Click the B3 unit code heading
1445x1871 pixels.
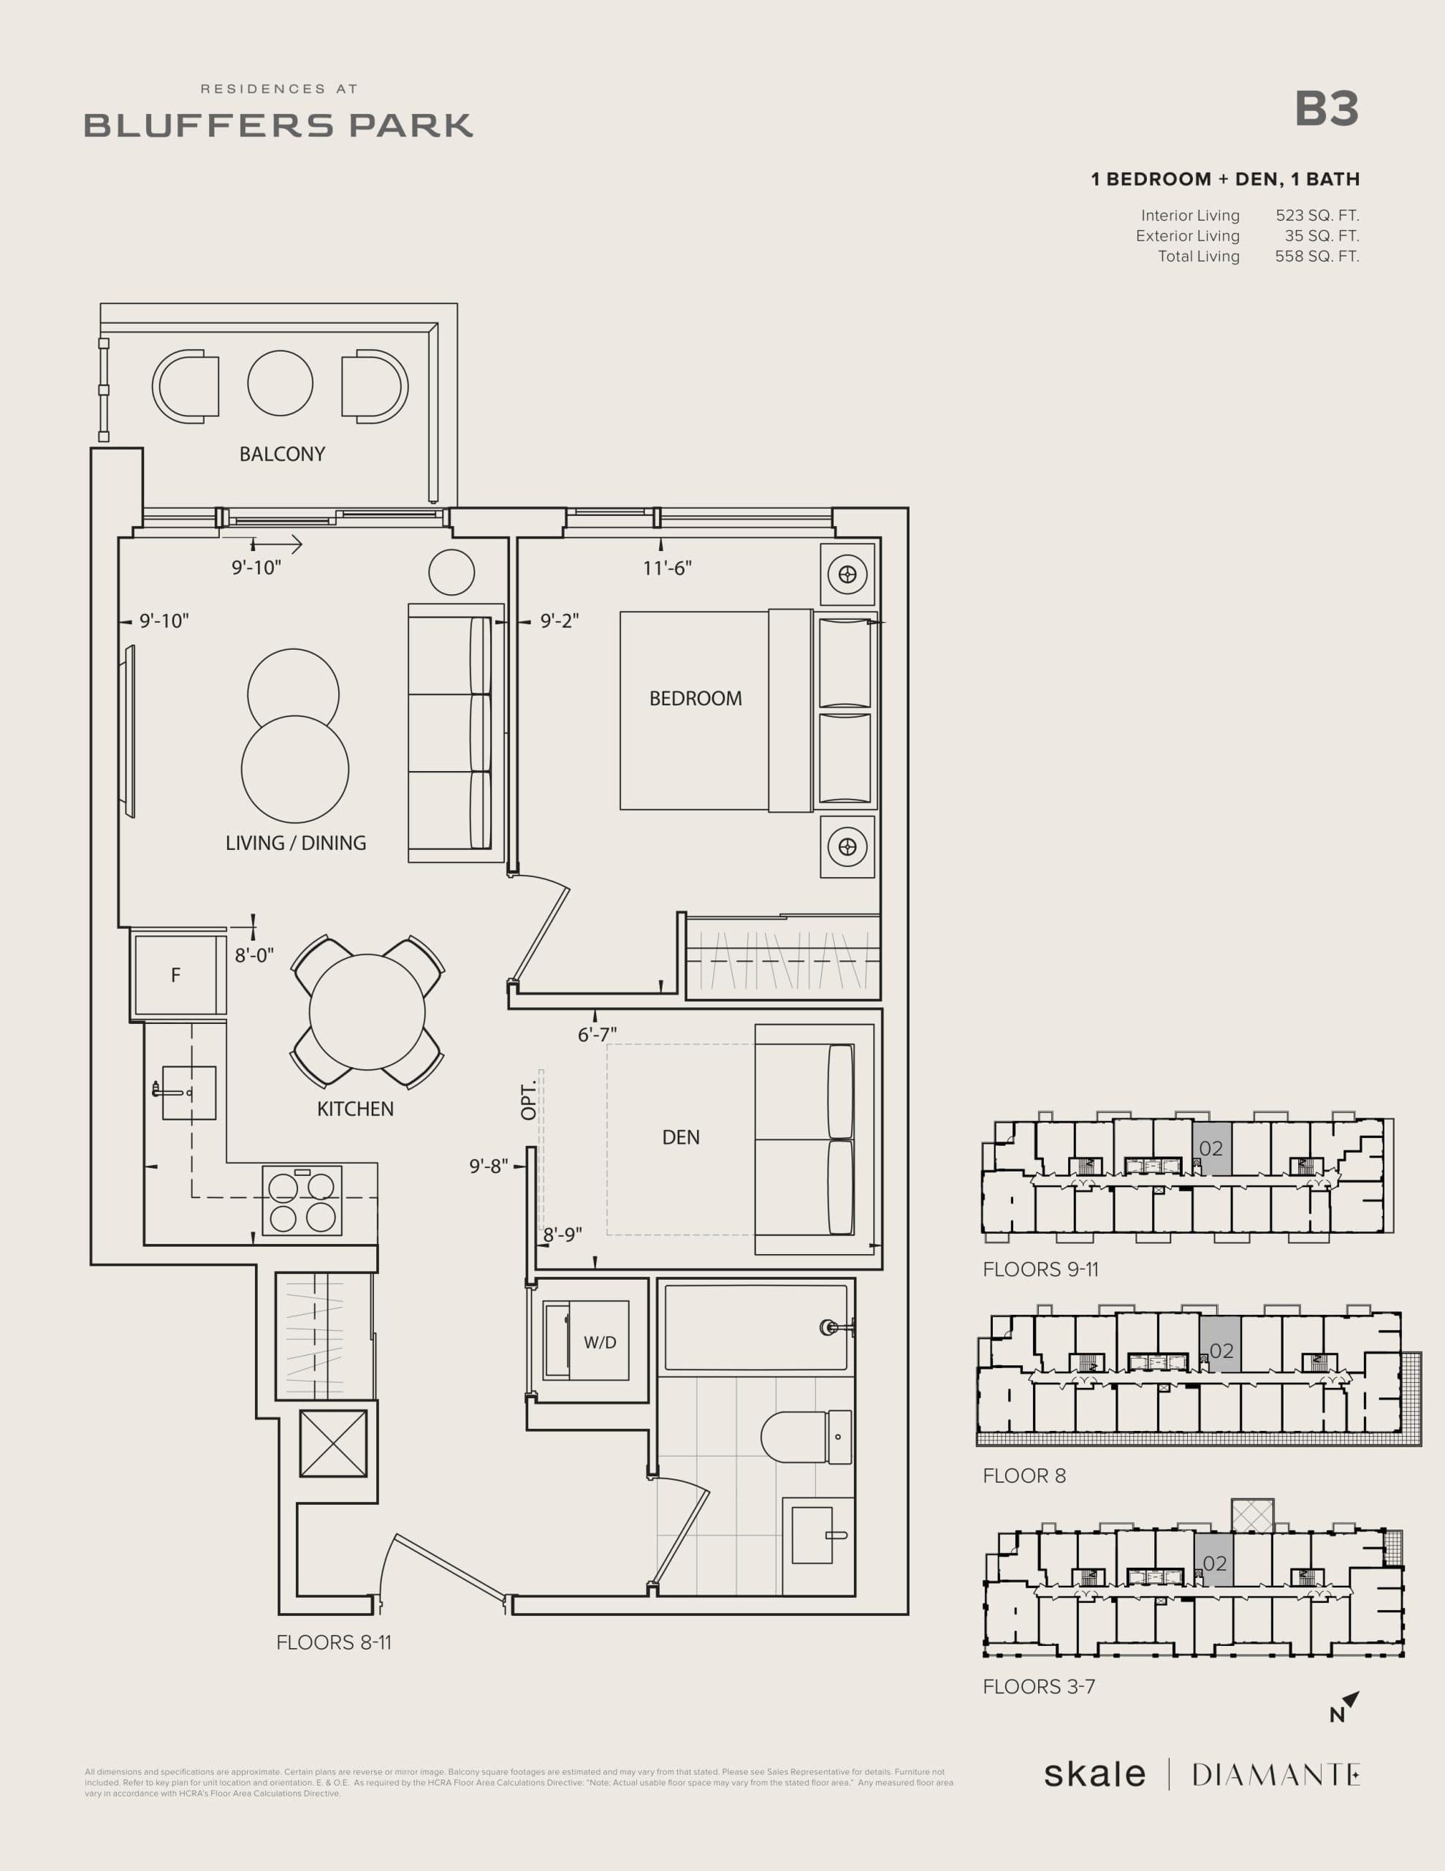1326,110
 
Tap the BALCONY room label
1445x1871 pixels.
282,454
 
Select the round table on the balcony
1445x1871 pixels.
280,383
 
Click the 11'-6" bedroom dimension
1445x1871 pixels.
667,568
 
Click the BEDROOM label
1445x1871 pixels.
695,698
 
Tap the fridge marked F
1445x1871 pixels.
175,975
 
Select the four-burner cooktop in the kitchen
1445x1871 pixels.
302,1200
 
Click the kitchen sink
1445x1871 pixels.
188,1093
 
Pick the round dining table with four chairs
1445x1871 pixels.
367,1012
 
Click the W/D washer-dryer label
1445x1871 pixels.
600,1343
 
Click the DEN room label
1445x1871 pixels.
681,1136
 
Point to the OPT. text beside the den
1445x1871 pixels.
528,1099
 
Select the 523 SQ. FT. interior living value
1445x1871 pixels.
1316,216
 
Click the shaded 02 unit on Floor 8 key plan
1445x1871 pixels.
1220,1351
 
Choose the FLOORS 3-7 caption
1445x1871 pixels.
1038,1686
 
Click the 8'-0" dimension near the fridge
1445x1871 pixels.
254,955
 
